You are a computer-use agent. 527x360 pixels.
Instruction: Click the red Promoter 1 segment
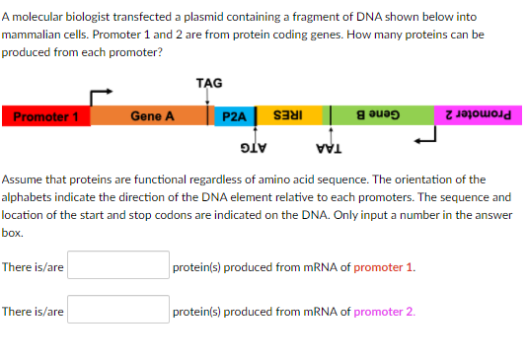tap(45, 116)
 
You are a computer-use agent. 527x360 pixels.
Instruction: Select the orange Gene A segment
tap(153, 116)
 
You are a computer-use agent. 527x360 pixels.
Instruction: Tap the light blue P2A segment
tap(235, 116)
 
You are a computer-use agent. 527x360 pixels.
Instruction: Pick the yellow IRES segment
tap(285, 116)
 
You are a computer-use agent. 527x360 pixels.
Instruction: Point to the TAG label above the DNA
tap(209, 83)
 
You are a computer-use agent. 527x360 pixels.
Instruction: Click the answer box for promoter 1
tap(118, 265)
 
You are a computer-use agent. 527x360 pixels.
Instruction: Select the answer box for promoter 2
tap(118, 310)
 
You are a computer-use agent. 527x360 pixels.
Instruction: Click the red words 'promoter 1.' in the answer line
tap(384, 266)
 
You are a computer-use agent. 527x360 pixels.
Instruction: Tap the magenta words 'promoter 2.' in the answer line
tap(384, 312)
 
